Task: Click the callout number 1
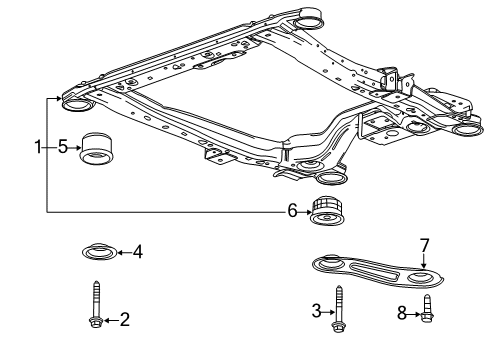38,147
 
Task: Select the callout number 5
63,147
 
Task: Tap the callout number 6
292,211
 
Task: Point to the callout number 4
138,252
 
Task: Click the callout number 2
124,320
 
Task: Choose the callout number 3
316,311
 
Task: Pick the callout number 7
424,246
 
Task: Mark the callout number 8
402,313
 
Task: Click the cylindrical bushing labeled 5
96,148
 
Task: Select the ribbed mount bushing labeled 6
327,211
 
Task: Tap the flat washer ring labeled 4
99,252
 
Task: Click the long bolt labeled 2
96,304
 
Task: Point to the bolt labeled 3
338,309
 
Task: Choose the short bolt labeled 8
427,309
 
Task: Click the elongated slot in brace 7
374,270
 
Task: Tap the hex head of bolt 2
96,322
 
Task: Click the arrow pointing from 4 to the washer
124,252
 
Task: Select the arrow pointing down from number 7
423,261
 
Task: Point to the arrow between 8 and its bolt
414,314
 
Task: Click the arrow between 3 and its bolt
328,312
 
